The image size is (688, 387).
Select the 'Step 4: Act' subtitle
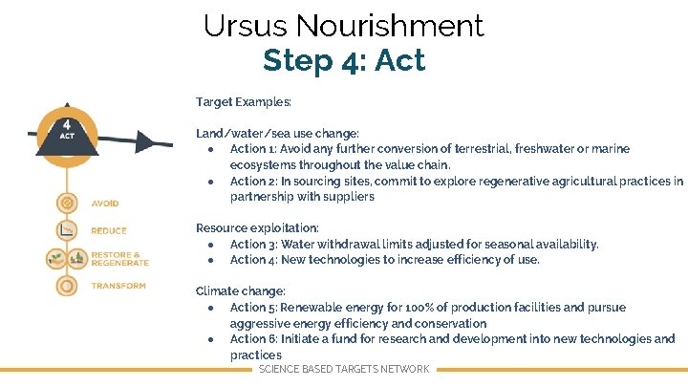tap(343, 60)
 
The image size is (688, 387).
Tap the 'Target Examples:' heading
tap(244, 101)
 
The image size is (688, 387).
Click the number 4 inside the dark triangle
tap(67, 124)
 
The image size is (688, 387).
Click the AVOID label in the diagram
tap(105, 204)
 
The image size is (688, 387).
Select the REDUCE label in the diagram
tap(109, 230)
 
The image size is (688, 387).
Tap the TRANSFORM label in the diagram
tap(118, 286)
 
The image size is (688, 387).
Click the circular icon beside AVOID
tap(67, 203)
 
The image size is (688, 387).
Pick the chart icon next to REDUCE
tap(67, 230)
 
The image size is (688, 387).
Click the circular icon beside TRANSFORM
tap(67, 286)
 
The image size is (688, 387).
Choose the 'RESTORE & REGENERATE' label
tap(120, 258)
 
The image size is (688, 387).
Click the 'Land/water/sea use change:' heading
tap(277, 133)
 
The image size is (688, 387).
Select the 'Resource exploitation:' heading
tap(257, 227)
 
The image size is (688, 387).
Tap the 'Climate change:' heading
tap(241, 290)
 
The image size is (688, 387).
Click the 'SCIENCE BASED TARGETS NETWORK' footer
tap(344, 369)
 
